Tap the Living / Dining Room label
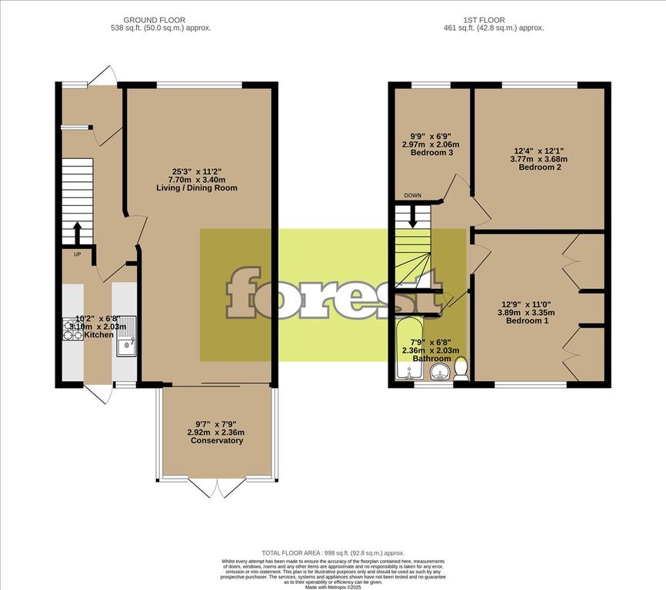205,188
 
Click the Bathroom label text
431,359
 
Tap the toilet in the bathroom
461,370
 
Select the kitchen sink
125,337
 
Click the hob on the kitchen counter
72,330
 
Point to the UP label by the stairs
77,254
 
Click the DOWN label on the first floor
413,196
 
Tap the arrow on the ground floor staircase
77,231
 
